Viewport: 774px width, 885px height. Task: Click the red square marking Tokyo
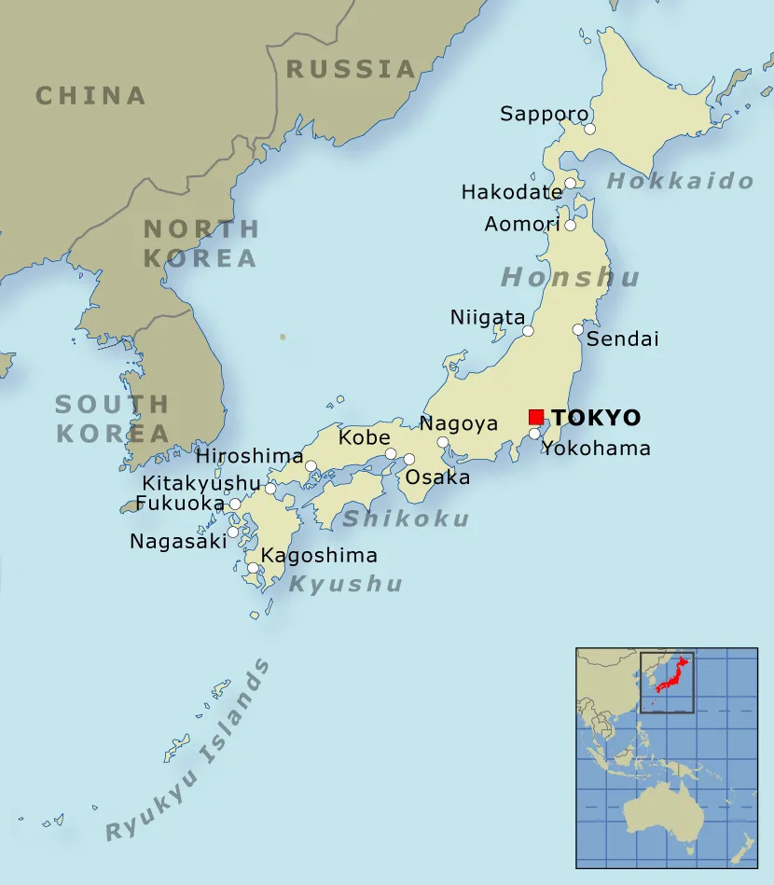click(x=535, y=416)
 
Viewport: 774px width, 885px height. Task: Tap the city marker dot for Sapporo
click(x=589, y=129)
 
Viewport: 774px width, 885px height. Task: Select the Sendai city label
click(x=622, y=339)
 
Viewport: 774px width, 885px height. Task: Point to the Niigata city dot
click(x=528, y=330)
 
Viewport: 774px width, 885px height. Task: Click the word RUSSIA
click(x=350, y=69)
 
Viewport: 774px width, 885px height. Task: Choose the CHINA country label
click(x=90, y=95)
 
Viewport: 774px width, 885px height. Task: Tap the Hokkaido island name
click(x=680, y=181)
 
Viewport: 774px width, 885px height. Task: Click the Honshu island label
click(x=571, y=277)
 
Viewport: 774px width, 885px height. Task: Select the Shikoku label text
click(x=405, y=519)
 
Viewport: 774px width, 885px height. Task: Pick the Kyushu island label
click(x=345, y=584)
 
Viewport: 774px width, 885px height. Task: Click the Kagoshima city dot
click(x=253, y=567)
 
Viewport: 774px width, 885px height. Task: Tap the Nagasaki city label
click(x=178, y=541)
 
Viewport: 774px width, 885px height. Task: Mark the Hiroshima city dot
click(x=311, y=465)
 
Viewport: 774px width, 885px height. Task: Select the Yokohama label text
click(x=597, y=449)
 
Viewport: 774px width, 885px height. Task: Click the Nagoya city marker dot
click(x=443, y=442)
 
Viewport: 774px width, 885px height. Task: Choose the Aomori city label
click(x=522, y=224)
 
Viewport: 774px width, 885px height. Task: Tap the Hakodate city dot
click(x=570, y=183)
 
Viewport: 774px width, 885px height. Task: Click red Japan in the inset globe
click(x=673, y=674)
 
